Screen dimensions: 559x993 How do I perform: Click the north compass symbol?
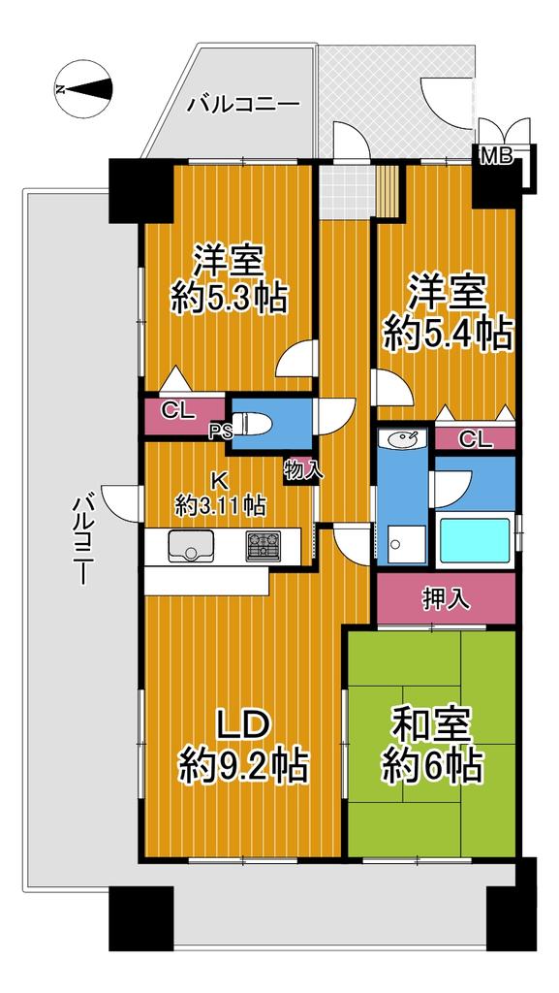point(83,88)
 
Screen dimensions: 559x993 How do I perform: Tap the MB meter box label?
point(496,156)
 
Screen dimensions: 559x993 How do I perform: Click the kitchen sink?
point(192,546)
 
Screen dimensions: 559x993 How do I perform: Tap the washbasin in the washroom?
point(403,438)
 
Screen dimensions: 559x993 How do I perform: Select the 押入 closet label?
point(447,598)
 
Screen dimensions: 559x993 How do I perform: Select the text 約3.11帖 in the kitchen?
point(220,505)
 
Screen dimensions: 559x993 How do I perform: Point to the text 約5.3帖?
point(229,297)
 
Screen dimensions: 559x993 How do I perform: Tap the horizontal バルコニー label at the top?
point(243,103)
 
